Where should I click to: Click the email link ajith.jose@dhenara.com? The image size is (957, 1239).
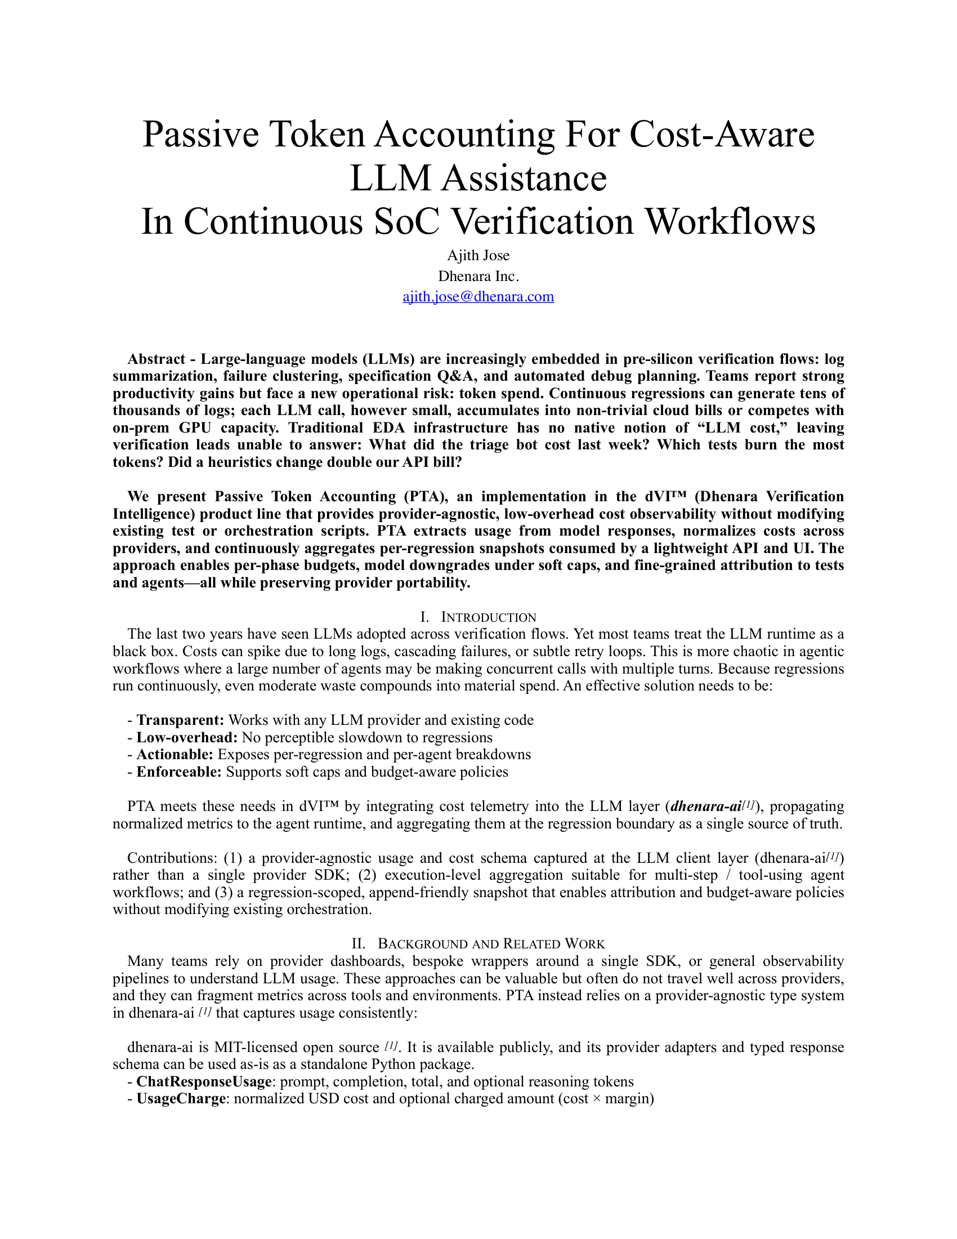[478, 297]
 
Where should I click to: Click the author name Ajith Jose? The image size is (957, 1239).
[478, 255]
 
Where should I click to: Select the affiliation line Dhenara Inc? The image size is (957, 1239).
[478, 277]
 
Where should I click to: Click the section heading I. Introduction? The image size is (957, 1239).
[478, 617]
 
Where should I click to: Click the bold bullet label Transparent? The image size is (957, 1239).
[180, 720]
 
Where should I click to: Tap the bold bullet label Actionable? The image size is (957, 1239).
[175, 755]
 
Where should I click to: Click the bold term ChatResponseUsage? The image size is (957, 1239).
[204, 1082]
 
